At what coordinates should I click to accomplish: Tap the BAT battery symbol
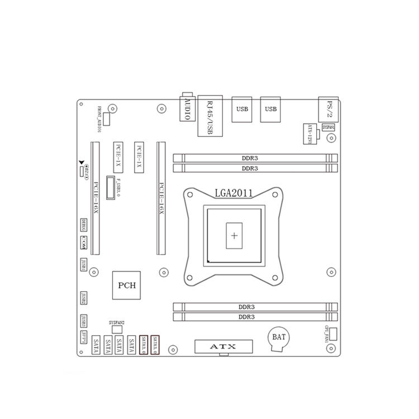[x=277, y=337]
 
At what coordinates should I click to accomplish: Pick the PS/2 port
[x=328, y=108]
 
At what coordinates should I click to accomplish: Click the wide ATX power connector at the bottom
[x=223, y=346]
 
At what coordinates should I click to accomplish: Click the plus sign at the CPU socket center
[x=234, y=236]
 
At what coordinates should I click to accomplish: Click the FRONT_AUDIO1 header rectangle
[x=106, y=117]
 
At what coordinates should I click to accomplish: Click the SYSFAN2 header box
[x=117, y=330]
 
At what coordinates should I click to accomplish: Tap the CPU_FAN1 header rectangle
[x=334, y=335]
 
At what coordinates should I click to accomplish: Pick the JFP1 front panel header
[x=84, y=339]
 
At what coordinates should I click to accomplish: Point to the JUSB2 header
[x=84, y=298]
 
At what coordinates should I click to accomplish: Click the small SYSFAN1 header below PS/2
[x=328, y=127]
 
